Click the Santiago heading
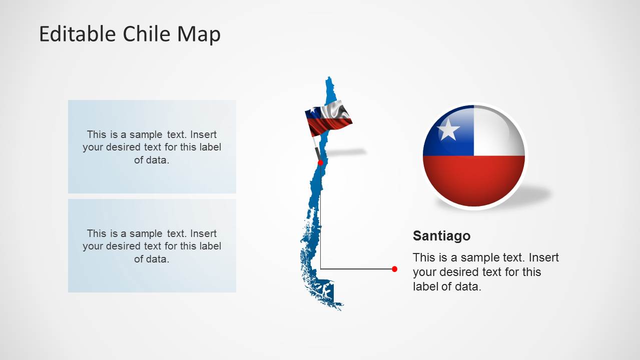(441, 235)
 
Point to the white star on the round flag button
(448, 130)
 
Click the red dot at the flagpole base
(320, 162)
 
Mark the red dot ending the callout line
(394, 269)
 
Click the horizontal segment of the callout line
(357, 269)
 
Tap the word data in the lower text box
(158, 259)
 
